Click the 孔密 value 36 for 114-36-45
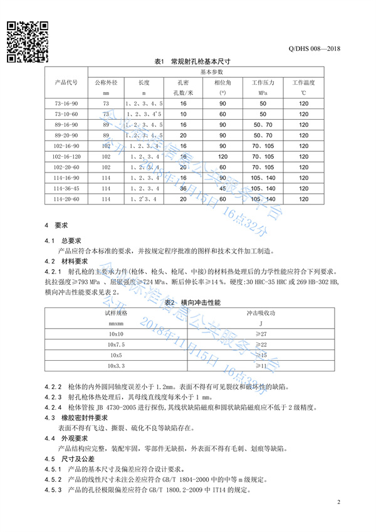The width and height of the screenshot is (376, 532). click(184, 189)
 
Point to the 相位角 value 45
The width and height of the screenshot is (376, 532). click(222, 189)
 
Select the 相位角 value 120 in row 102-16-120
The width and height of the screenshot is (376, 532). click(222, 157)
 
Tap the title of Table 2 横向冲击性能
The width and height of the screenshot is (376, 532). click(188, 302)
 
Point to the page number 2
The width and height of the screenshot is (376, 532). click(338, 503)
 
